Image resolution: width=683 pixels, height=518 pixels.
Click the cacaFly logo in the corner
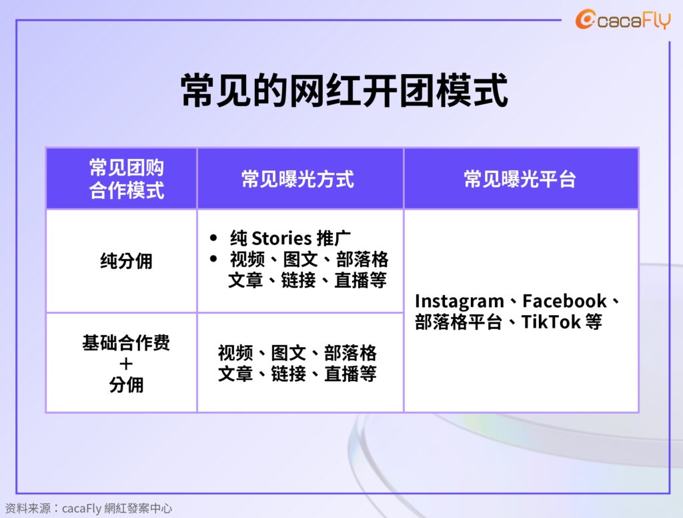coord(623,20)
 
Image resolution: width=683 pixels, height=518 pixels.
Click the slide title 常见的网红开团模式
coord(344,90)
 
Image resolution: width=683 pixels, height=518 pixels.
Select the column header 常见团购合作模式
coord(126,179)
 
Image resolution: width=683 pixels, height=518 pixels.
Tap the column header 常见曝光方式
coord(297,179)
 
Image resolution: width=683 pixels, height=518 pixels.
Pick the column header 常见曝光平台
coord(520,179)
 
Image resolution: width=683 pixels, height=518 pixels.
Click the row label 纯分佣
coord(126,261)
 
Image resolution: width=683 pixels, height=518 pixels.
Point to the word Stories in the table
coord(282,238)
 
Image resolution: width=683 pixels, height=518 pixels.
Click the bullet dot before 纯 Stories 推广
coord(213,238)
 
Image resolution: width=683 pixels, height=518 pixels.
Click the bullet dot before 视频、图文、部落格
coord(213,259)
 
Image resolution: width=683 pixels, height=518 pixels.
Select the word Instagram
coord(459,301)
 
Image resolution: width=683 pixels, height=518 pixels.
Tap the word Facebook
coord(564,301)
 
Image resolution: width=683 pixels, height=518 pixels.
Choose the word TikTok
coord(551,322)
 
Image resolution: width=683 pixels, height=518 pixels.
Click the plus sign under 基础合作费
coord(126,364)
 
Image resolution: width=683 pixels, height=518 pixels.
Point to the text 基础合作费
coord(126,342)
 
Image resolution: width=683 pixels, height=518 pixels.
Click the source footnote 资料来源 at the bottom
coord(89,509)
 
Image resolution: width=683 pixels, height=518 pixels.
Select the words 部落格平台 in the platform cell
coord(458,322)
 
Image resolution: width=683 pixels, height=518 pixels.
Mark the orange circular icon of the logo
coord(585,19)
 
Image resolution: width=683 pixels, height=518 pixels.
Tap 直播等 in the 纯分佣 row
coord(360,280)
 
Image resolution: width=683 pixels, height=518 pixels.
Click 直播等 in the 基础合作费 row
coord(350,374)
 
